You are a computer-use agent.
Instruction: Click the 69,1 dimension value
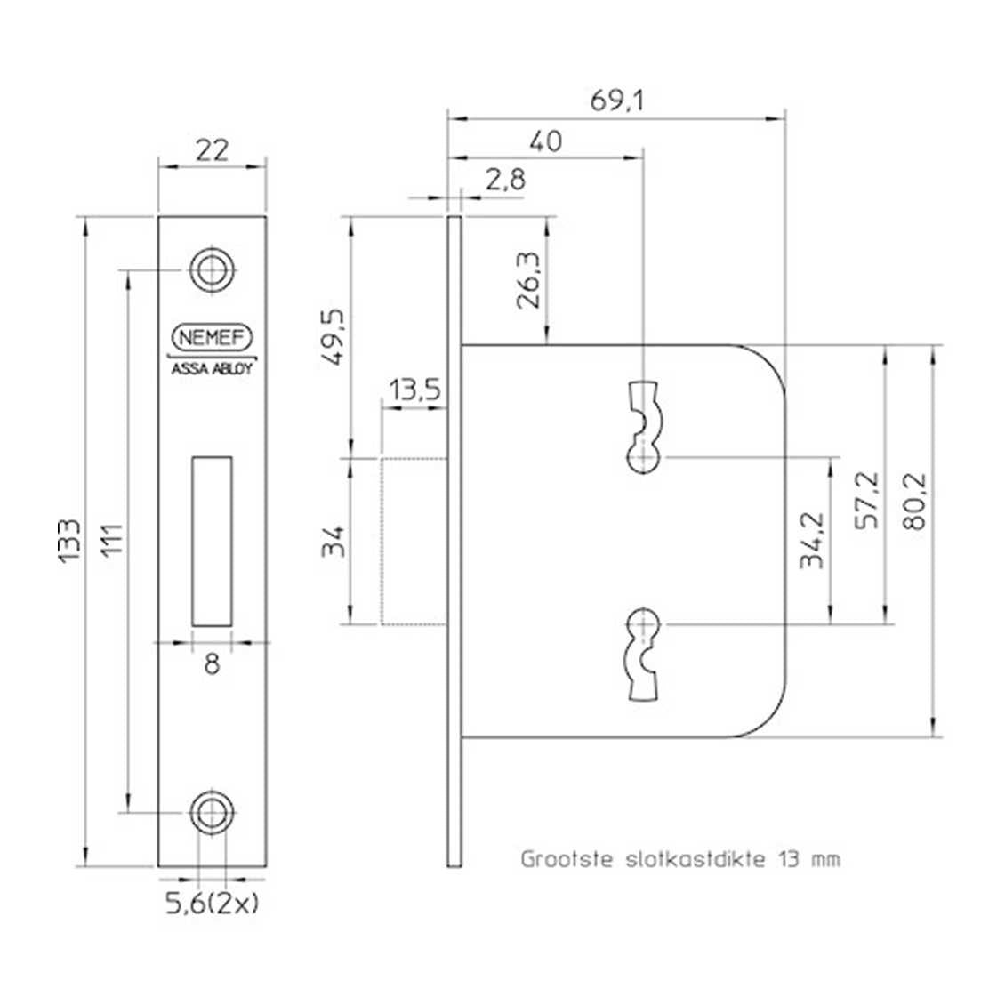(616, 100)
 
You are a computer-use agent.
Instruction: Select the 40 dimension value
(546, 141)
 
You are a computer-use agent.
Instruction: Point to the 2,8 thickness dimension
(505, 181)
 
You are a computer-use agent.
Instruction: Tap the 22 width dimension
(212, 150)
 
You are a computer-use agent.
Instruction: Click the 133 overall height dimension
(70, 541)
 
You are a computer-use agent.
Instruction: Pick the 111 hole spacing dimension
(111, 541)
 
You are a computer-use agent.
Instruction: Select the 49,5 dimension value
(334, 337)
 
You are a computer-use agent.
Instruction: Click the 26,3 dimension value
(529, 280)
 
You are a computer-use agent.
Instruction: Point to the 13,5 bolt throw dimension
(415, 389)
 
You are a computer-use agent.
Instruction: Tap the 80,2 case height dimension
(914, 502)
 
